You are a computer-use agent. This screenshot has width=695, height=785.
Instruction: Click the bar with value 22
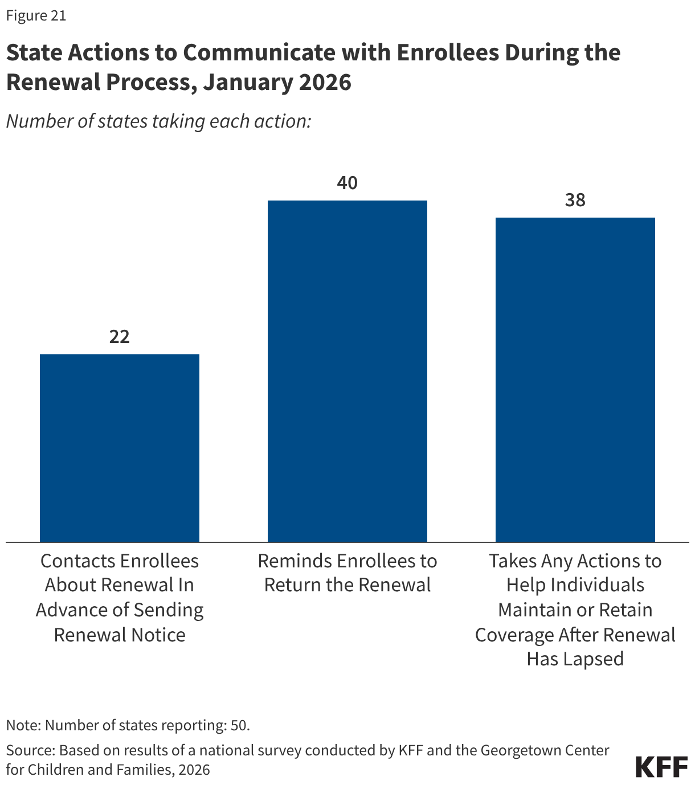click(x=119, y=447)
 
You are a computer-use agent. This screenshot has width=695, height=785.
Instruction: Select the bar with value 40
click(x=347, y=370)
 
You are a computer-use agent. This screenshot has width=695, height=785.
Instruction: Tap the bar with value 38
click(x=575, y=379)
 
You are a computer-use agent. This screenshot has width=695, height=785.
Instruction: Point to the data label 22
click(x=120, y=337)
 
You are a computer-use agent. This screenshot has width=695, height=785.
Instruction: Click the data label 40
click(x=347, y=183)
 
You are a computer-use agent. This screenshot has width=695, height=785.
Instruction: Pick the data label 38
click(x=575, y=200)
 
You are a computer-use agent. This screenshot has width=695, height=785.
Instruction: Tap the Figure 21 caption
click(x=36, y=15)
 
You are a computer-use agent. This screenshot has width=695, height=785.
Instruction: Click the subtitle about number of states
click(x=158, y=121)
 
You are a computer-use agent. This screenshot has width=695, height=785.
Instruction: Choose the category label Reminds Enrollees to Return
click(x=347, y=573)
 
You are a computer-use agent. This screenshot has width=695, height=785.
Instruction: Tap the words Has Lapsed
click(x=575, y=659)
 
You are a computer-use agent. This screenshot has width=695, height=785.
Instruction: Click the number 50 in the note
click(x=239, y=725)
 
